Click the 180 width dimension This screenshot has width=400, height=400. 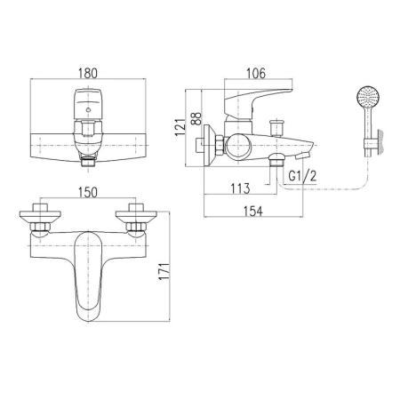(88, 73)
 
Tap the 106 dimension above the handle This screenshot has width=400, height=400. (256, 73)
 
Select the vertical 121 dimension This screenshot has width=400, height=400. (180, 127)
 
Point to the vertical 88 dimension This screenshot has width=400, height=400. (196, 118)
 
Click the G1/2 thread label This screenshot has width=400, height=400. (302, 176)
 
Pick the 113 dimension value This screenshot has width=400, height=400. (240, 188)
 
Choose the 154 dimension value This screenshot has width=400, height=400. (252, 212)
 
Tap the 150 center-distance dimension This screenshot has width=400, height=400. (88, 193)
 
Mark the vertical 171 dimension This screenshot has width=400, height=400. (164, 271)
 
